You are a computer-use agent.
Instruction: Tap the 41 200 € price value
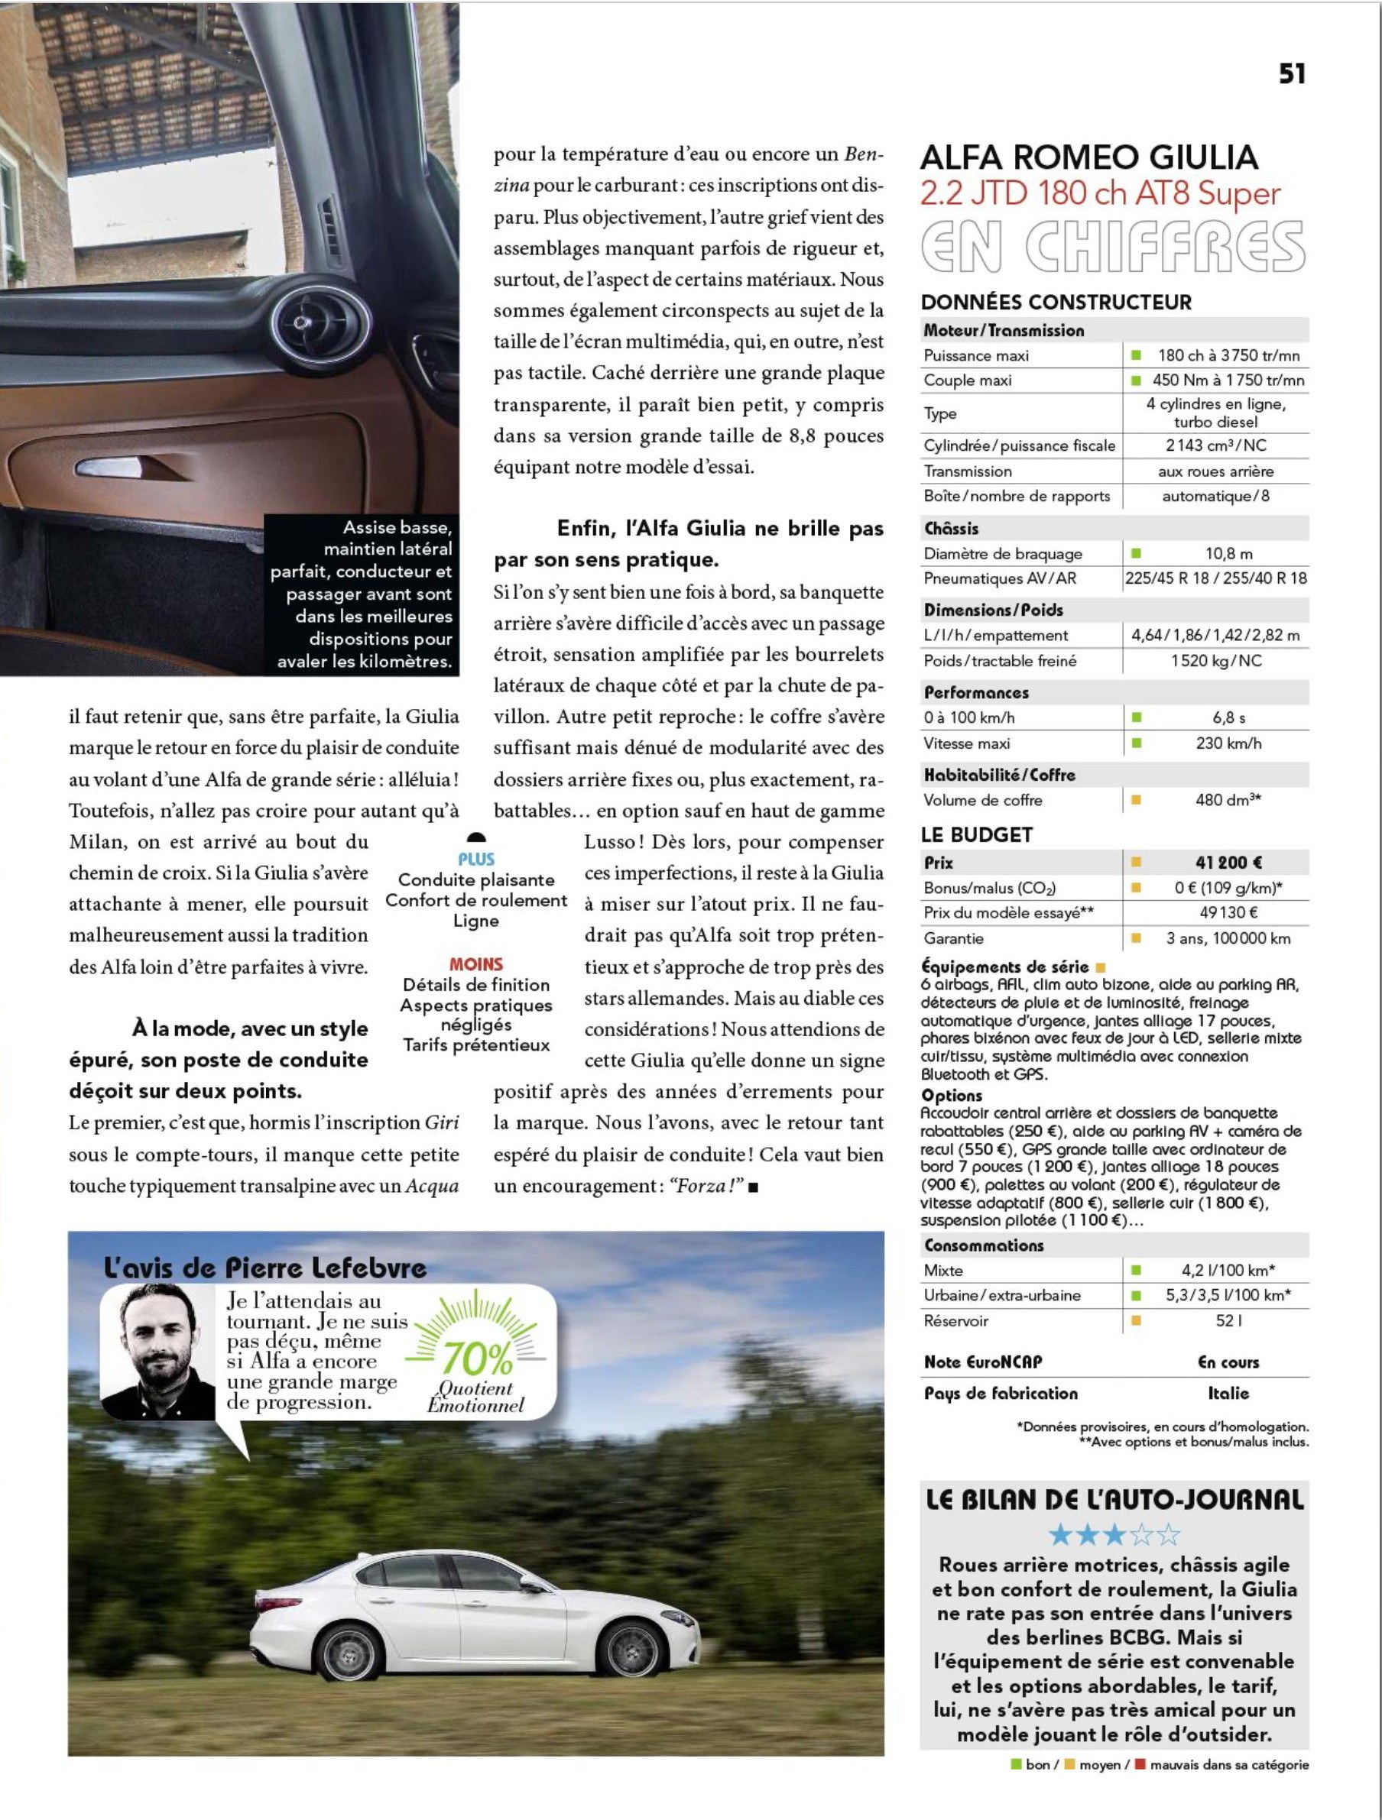[1228, 863]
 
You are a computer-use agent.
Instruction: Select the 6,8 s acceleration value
[1228, 717]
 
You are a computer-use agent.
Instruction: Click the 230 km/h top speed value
[1228, 743]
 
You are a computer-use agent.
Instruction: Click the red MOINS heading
[475, 964]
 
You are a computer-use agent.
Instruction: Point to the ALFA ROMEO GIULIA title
[1088, 157]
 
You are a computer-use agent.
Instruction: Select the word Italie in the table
[1228, 1393]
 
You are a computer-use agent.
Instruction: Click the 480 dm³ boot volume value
[1228, 800]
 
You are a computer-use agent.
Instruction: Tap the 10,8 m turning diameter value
[1228, 554]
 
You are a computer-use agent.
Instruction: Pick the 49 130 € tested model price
[1228, 912]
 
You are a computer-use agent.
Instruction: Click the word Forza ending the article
[699, 1186]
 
